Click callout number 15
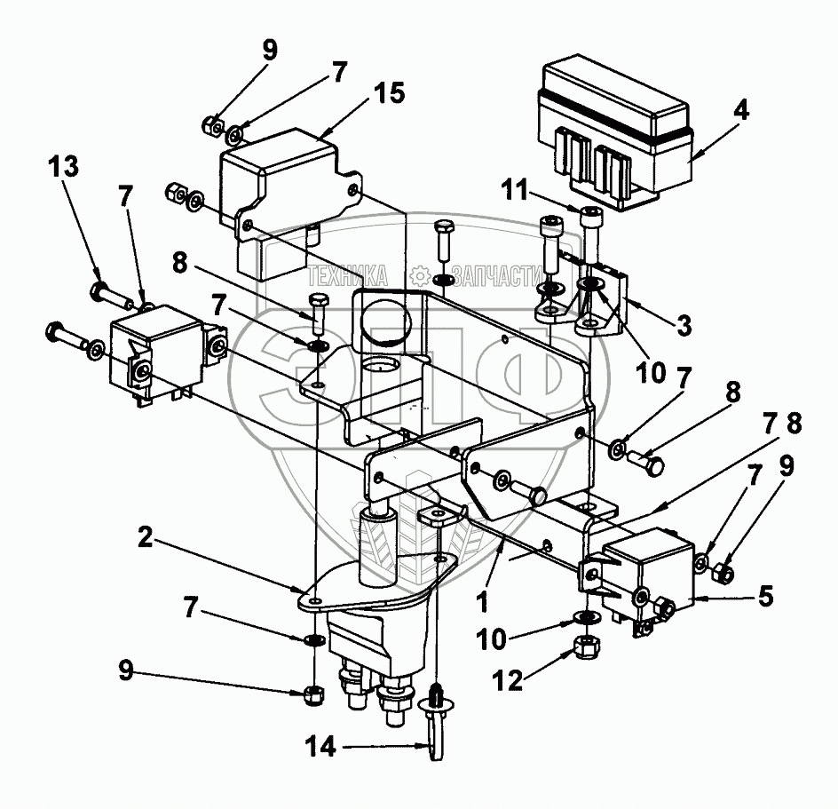click(x=389, y=92)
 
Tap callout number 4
click(x=740, y=112)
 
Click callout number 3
click(x=682, y=325)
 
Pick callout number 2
click(x=148, y=536)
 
